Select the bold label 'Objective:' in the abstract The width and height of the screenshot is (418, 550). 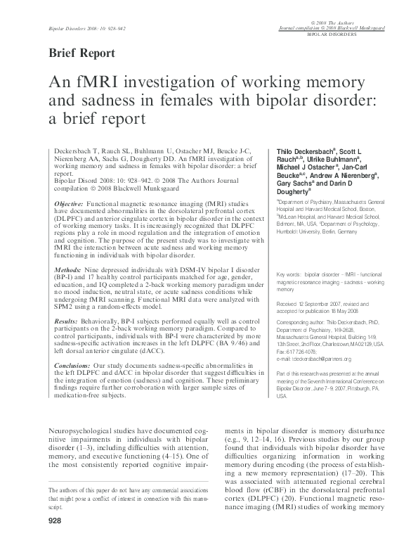click(69, 202)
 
